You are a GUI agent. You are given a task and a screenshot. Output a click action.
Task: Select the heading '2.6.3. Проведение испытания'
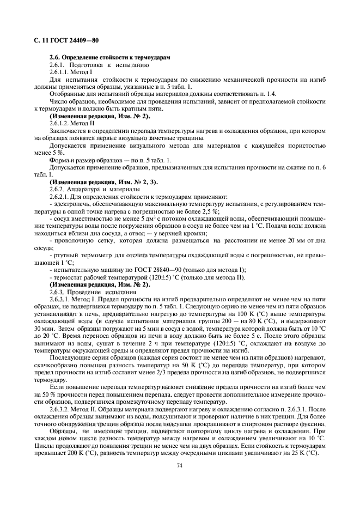[93, 292]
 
